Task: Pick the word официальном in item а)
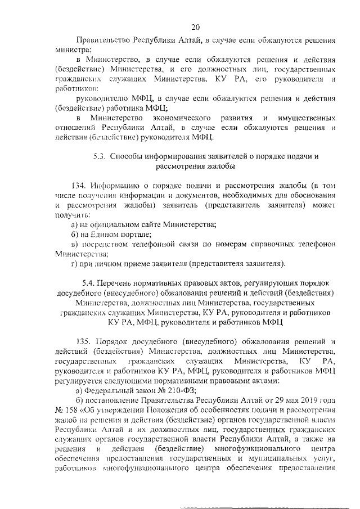pyautogui.click(x=122, y=225)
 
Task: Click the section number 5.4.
pyautogui.click(x=89, y=283)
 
